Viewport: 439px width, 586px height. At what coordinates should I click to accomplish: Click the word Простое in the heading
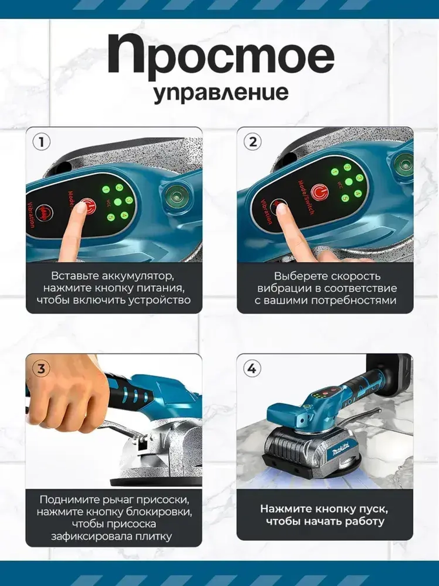pyautogui.click(x=221, y=55)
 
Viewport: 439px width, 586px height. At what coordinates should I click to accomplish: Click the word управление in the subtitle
pyautogui.click(x=221, y=93)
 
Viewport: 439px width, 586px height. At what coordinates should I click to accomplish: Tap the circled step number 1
pyautogui.click(x=42, y=142)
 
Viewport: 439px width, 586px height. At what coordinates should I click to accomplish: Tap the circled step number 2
pyautogui.click(x=252, y=142)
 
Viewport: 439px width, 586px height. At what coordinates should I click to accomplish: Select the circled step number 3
pyautogui.click(x=41, y=368)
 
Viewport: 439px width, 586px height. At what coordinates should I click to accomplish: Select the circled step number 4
pyautogui.click(x=252, y=368)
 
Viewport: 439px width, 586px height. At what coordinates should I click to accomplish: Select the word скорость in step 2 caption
pyautogui.click(x=356, y=276)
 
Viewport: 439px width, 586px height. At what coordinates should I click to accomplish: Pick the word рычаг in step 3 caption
pyautogui.click(x=115, y=500)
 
